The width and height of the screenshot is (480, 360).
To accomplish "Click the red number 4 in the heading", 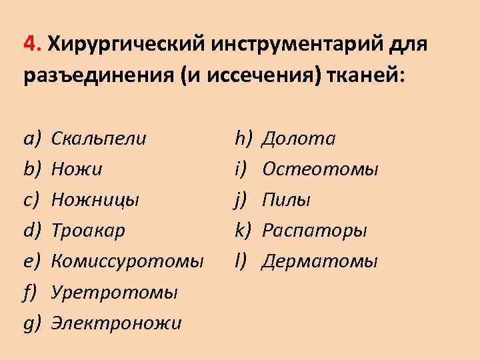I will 30,45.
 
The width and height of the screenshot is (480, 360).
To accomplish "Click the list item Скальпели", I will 99,139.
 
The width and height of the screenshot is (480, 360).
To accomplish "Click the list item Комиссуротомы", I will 127,261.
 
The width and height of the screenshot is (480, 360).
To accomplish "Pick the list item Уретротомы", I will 114,292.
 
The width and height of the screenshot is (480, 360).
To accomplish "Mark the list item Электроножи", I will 117,323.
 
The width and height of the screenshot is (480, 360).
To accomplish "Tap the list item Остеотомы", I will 320,169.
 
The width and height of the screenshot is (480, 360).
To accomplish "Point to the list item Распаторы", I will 314,231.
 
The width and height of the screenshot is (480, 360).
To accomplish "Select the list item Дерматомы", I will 319,261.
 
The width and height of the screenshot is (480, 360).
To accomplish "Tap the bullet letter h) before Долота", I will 242,139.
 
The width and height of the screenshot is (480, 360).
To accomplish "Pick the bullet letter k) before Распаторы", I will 242,231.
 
